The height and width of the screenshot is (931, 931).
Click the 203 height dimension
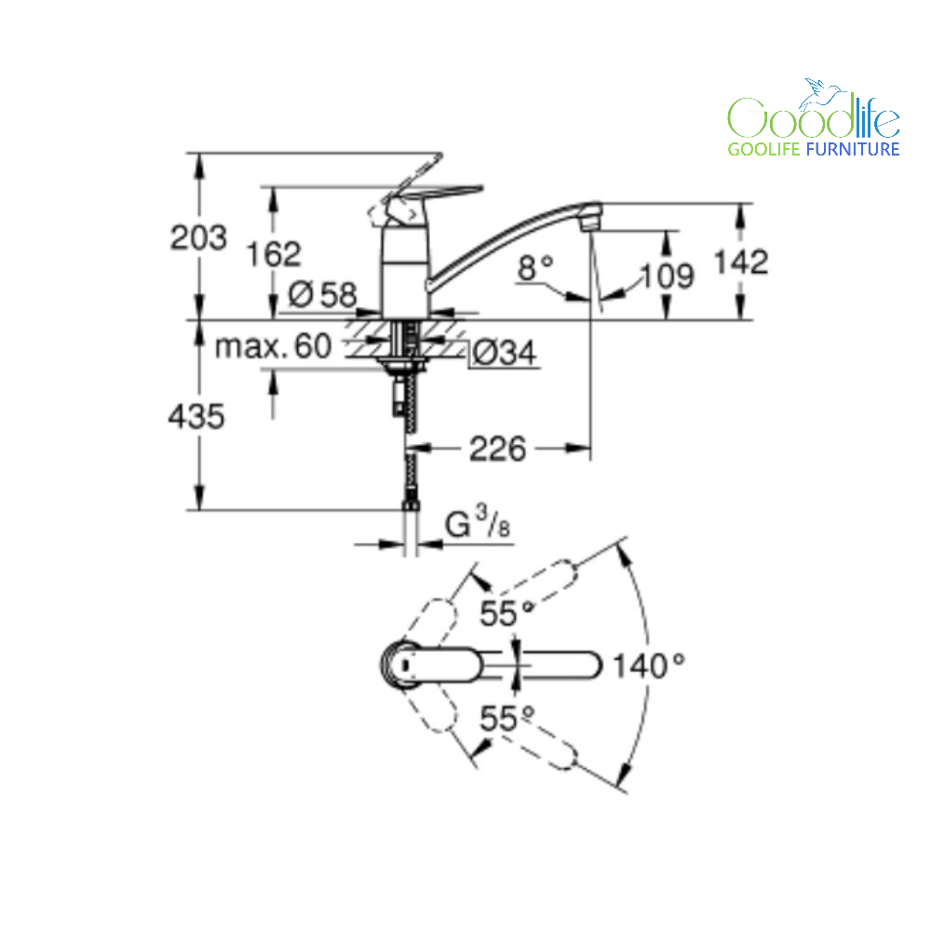click(198, 237)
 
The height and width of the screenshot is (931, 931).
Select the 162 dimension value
click(274, 254)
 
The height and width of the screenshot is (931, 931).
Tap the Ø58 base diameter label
click(322, 294)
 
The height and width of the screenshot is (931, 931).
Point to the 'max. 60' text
click(273, 345)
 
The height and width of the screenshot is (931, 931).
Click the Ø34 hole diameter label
click(504, 353)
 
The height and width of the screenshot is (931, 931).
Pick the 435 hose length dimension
click(196, 415)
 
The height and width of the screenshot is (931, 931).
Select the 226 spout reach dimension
click(497, 449)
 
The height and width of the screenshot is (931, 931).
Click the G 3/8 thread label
click(478, 522)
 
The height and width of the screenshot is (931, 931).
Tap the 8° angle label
click(535, 267)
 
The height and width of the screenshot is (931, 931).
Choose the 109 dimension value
click(667, 277)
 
